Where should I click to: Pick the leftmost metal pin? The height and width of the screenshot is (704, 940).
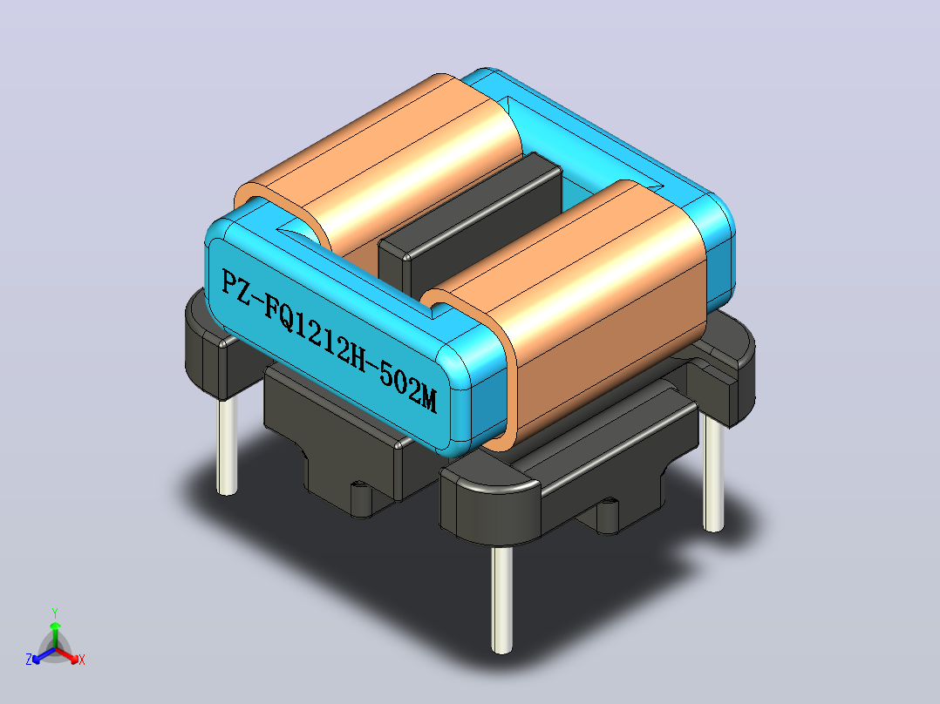point(227,445)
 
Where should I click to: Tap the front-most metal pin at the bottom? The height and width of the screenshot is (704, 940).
point(501,599)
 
